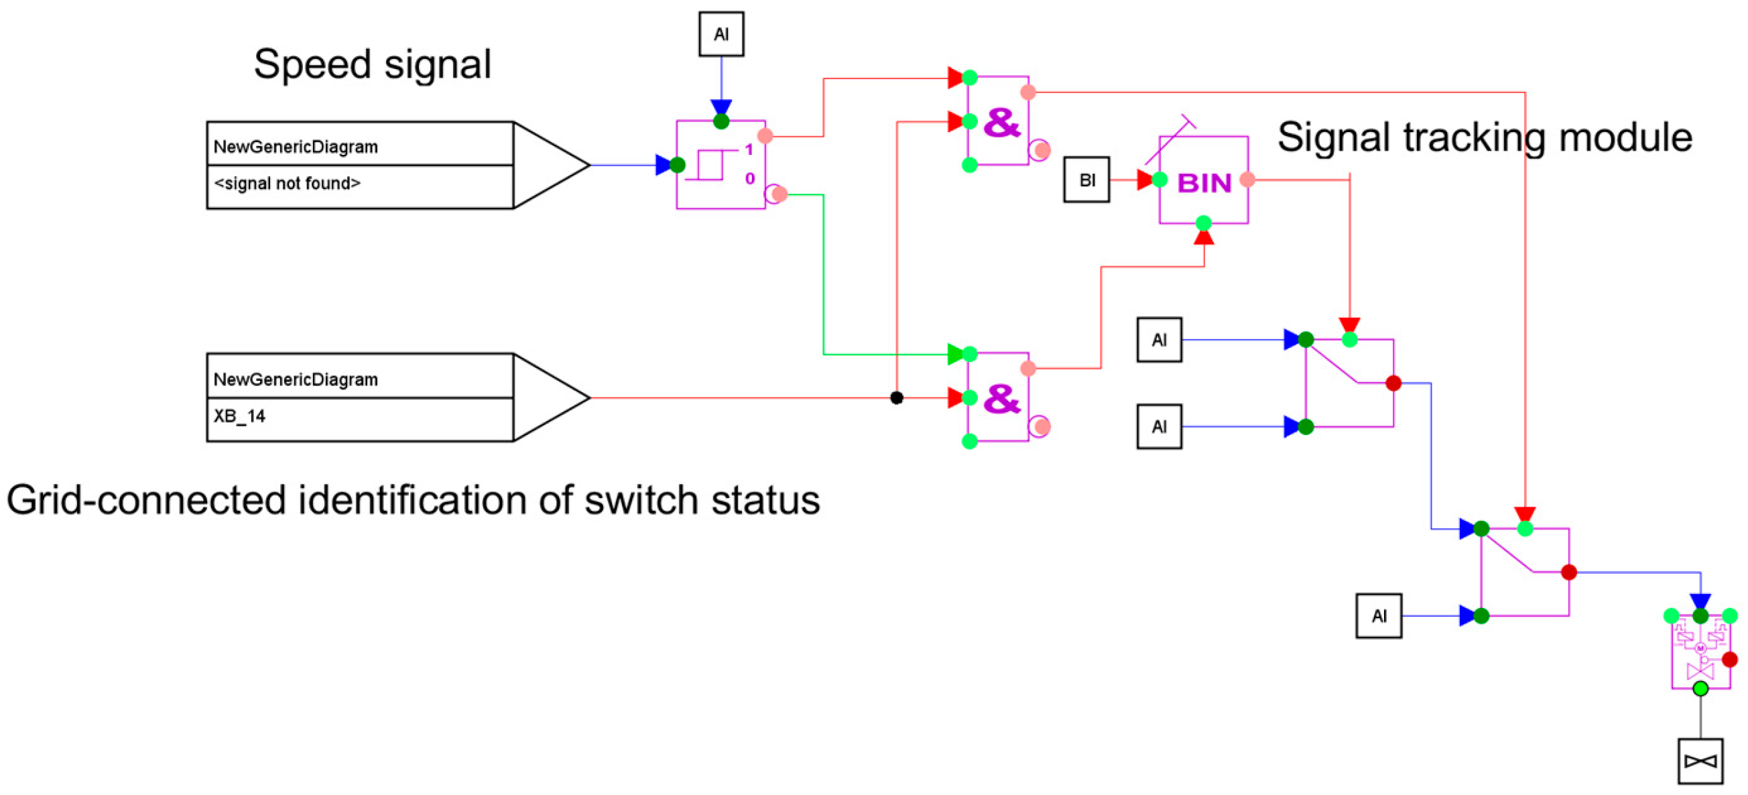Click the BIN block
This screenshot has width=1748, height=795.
coord(1203,180)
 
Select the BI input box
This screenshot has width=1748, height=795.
coord(1086,180)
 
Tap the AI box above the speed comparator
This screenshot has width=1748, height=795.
coord(721,34)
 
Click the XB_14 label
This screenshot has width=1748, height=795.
coord(239,416)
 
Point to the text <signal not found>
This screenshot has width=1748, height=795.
coord(287,183)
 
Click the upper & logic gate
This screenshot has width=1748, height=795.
coord(998,121)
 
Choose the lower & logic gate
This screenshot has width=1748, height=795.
coord(998,397)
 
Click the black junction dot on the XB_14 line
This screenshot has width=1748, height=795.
coord(896,398)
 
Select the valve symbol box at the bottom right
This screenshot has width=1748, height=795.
coord(1700,761)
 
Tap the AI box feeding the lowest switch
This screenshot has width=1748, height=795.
coord(1379,616)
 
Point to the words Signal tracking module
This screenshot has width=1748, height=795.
coord(1485,138)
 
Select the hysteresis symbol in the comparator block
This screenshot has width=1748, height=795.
coord(709,165)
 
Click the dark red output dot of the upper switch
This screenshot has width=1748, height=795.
coord(1394,383)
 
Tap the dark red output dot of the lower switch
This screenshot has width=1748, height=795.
coord(1569,572)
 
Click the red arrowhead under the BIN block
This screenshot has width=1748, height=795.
coord(1203,237)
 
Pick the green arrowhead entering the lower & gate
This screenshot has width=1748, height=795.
coord(955,354)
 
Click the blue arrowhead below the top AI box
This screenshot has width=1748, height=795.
coord(721,107)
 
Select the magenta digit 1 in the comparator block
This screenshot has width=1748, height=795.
coord(749,149)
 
